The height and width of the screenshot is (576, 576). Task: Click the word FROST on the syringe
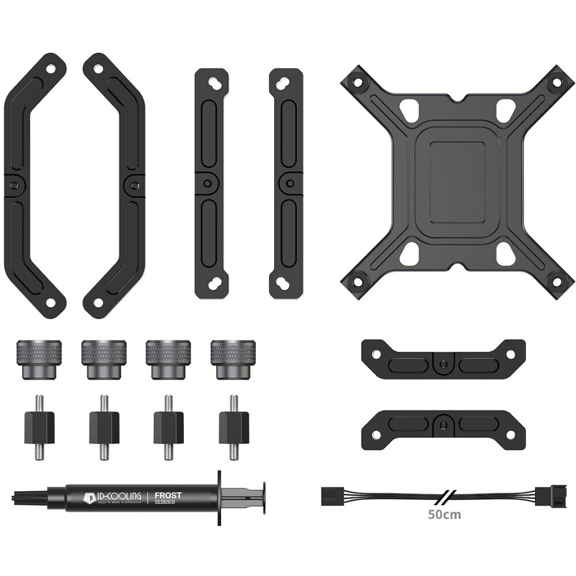point(169,495)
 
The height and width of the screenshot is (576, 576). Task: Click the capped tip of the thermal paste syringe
point(26,496)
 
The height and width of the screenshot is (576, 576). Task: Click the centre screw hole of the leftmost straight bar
point(206,184)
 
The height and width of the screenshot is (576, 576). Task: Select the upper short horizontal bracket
point(442,359)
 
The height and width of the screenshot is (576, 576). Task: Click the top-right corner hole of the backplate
point(556,82)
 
